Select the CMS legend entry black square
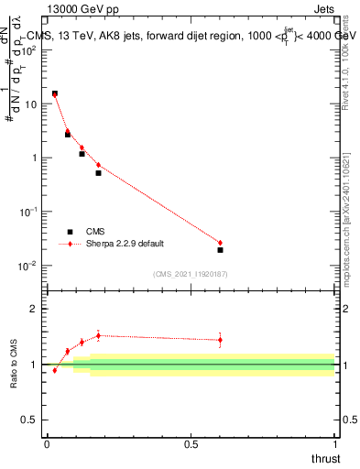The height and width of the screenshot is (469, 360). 70,232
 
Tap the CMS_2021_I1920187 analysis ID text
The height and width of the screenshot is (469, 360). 191,274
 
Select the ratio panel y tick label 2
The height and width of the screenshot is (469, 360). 38,309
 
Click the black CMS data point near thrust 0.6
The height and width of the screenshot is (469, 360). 220,249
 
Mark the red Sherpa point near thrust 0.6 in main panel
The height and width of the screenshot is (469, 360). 220,243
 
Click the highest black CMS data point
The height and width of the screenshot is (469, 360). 55,93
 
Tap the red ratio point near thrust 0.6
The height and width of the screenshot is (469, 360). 220,340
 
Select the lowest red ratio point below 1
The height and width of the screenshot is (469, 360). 55,370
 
